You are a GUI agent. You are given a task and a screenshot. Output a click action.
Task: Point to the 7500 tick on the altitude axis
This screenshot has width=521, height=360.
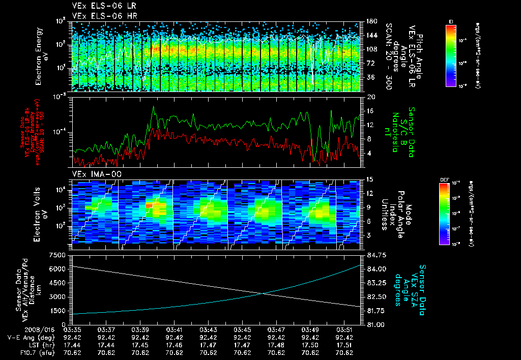click(x=61, y=255)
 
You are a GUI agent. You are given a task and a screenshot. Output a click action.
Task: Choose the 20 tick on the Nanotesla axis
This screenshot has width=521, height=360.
click(x=370, y=97)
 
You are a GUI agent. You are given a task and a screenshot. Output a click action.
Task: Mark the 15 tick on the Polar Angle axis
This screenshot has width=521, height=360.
click(x=368, y=179)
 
